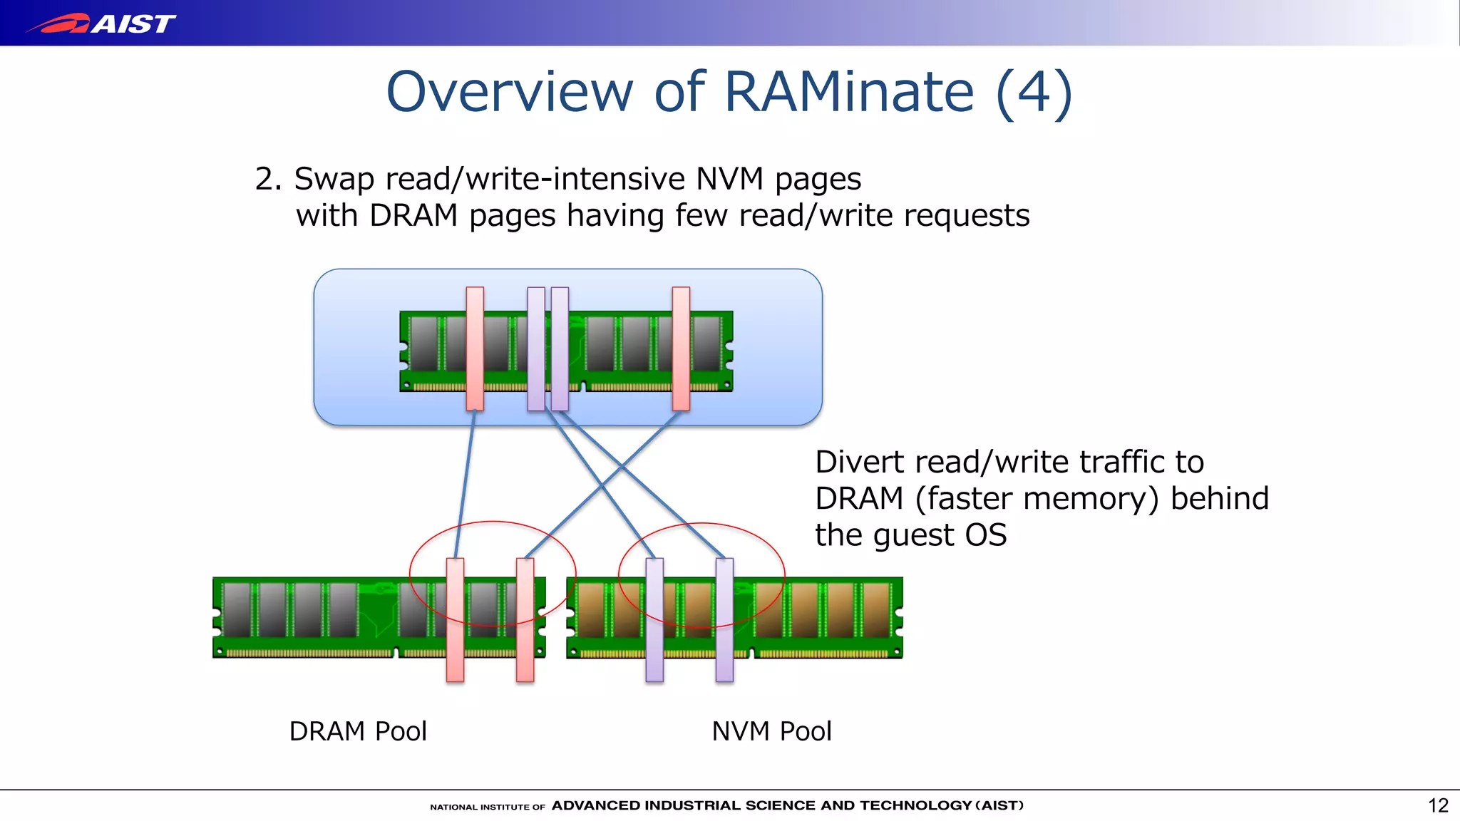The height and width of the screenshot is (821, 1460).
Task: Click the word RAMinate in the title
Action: pyautogui.click(x=848, y=92)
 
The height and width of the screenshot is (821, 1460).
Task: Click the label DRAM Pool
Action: pyautogui.click(x=358, y=731)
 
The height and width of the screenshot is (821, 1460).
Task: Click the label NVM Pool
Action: pyautogui.click(x=771, y=731)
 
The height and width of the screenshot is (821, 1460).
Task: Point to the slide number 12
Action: pyautogui.click(x=1438, y=805)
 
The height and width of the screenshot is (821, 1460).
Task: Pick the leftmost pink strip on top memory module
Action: pyautogui.click(x=475, y=348)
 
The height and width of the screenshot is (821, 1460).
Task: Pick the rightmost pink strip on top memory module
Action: pyautogui.click(x=681, y=348)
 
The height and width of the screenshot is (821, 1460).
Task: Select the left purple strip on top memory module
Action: pyautogui.click(x=536, y=348)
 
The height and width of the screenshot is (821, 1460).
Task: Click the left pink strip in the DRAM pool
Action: pyautogui.click(x=455, y=619)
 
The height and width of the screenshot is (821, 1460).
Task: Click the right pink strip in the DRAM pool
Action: pyautogui.click(x=525, y=619)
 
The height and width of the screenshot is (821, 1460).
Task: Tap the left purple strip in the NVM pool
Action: pyautogui.click(x=654, y=619)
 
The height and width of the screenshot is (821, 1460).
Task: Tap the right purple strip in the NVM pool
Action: pyautogui.click(x=724, y=619)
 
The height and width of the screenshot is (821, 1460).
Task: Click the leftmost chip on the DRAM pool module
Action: pyautogui.click(x=237, y=609)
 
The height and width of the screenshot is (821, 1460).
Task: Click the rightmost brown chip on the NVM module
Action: pyautogui.click(x=876, y=609)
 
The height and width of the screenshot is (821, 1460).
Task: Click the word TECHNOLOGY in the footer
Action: pyautogui.click(x=915, y=805)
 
